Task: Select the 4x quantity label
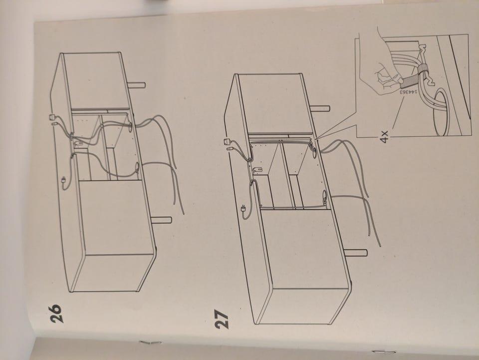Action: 384,137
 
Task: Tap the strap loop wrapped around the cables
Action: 422,70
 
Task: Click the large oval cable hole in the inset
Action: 441,112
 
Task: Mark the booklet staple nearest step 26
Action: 150,342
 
